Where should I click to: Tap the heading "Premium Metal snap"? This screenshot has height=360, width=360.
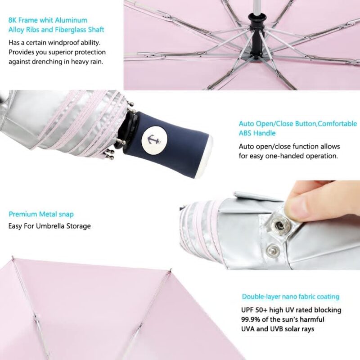tap(41, 214)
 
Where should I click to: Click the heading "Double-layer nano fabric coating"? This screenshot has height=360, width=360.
tap(291, 297)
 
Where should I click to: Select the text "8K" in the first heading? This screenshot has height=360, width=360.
tap(13, 20)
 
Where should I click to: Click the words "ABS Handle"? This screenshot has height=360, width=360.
tap(257, 133)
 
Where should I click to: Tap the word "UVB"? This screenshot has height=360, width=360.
tap(284, 329)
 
